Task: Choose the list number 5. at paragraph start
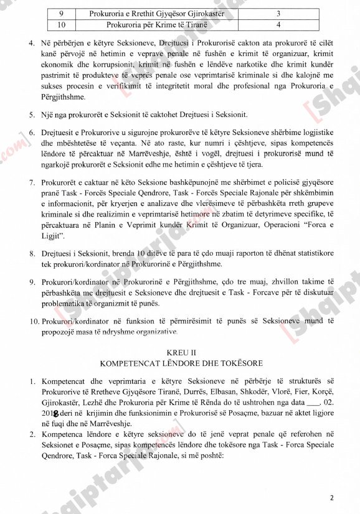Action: [x=32, y=115]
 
